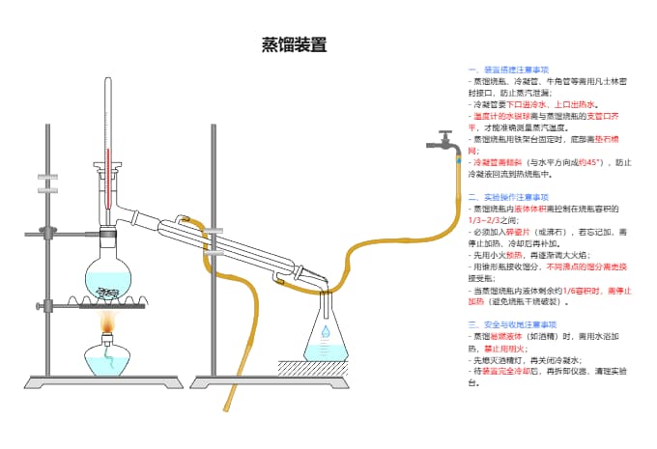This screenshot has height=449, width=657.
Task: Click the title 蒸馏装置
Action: (295, 44)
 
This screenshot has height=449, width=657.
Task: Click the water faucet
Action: (442, 145)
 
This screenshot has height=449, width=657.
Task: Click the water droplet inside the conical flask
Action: (326, 331)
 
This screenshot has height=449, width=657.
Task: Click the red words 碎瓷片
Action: (522, 232)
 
